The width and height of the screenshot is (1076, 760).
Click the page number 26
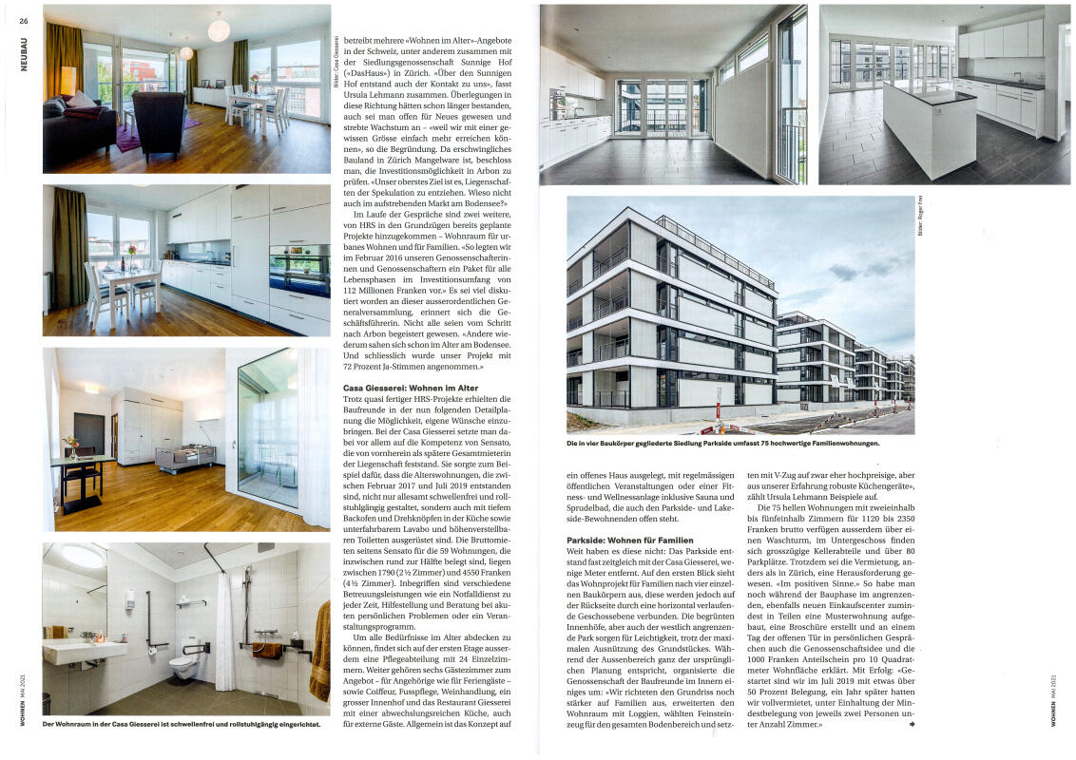click(24, 20)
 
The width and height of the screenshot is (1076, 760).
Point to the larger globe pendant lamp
click(219, 29)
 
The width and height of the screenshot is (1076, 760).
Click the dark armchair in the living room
click(159, 122)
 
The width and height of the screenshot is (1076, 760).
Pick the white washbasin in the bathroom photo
click(86, 652)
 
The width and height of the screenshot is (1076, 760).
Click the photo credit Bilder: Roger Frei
click(921, 214)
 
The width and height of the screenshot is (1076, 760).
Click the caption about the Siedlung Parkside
click(723, 444)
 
